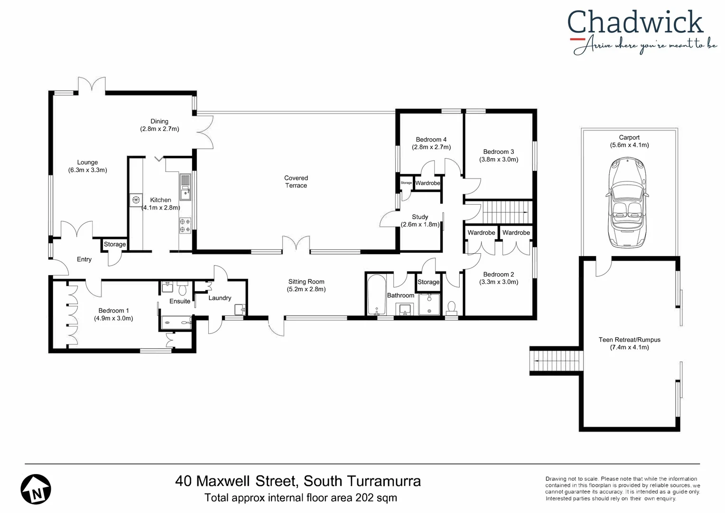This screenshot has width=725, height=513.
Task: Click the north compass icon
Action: tap(36, 489)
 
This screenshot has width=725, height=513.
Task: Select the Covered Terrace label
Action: tap(296, 182)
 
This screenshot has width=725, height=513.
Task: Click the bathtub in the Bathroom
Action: tap(377, 295)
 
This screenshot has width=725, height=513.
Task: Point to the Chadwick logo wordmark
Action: tap(635, 23)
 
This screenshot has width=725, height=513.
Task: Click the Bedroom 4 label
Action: tap(431, 140)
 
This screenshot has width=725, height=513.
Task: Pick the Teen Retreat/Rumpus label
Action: tap(629, 340)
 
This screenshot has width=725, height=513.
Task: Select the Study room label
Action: tap(420, 217)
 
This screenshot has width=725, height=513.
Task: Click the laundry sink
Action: tap(240, 309)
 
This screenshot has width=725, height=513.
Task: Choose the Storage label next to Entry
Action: tap(115, 244)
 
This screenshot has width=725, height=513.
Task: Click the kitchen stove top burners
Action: tap(185, 226)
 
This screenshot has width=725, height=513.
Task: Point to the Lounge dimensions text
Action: tap(88, 170)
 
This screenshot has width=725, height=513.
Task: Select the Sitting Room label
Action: tap(306, 282)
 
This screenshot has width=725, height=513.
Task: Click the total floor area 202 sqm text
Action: tap(300, 498)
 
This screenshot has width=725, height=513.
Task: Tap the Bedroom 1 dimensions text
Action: tap(113, 318)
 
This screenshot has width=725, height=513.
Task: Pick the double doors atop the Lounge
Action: tap(92, 85)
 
